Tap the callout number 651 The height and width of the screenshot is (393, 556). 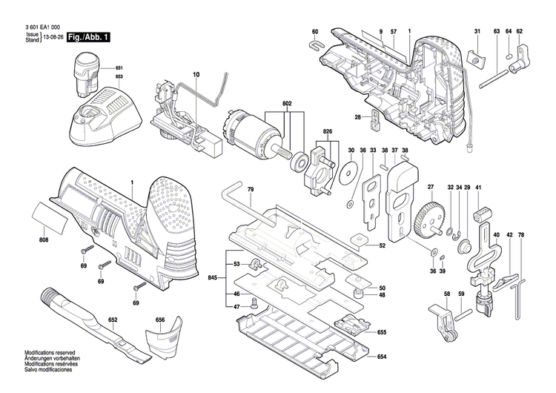[119, 68]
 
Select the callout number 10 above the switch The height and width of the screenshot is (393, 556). [196, 75]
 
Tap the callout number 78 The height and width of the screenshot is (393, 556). [521, 235]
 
